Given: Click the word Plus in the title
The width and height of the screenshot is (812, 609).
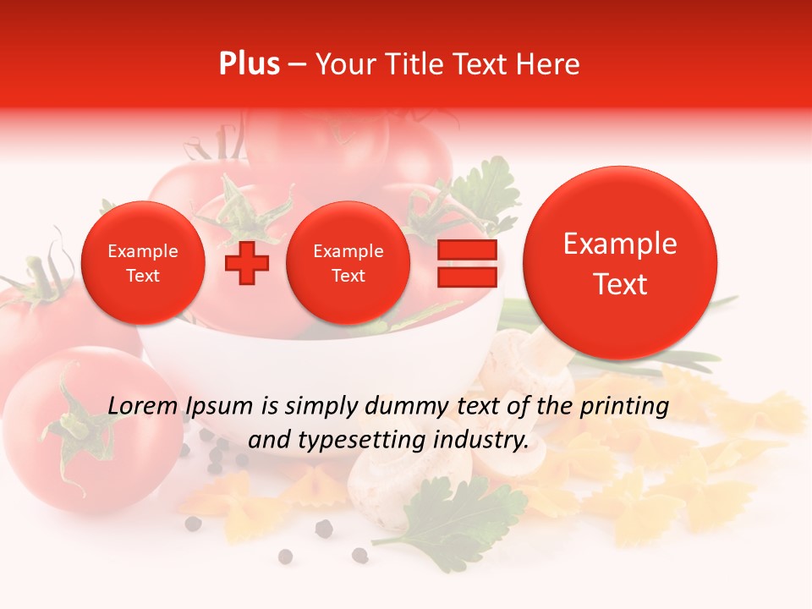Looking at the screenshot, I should coord(249,64).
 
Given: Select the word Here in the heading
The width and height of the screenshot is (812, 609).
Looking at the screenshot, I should coord(550,64).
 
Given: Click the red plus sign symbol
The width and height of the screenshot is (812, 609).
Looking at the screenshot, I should coord(246,263).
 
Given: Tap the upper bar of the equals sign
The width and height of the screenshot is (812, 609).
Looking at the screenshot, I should coord(466,250).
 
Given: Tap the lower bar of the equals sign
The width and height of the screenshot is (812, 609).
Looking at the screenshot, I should coord(466,277).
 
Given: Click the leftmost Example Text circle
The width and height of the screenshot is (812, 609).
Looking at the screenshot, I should coord(142,263).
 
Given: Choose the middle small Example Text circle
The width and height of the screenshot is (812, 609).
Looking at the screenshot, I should coord(348,263).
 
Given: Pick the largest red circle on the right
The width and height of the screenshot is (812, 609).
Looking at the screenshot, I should coord(620,263).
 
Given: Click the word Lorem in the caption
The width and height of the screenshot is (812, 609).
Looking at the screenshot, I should coord(142,406).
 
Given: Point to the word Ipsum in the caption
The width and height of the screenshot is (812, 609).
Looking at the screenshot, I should coord(218,407).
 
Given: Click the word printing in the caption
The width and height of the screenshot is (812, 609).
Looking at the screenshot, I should coord(623,407).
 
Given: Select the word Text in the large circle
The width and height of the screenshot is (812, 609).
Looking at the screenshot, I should coord(620,284).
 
